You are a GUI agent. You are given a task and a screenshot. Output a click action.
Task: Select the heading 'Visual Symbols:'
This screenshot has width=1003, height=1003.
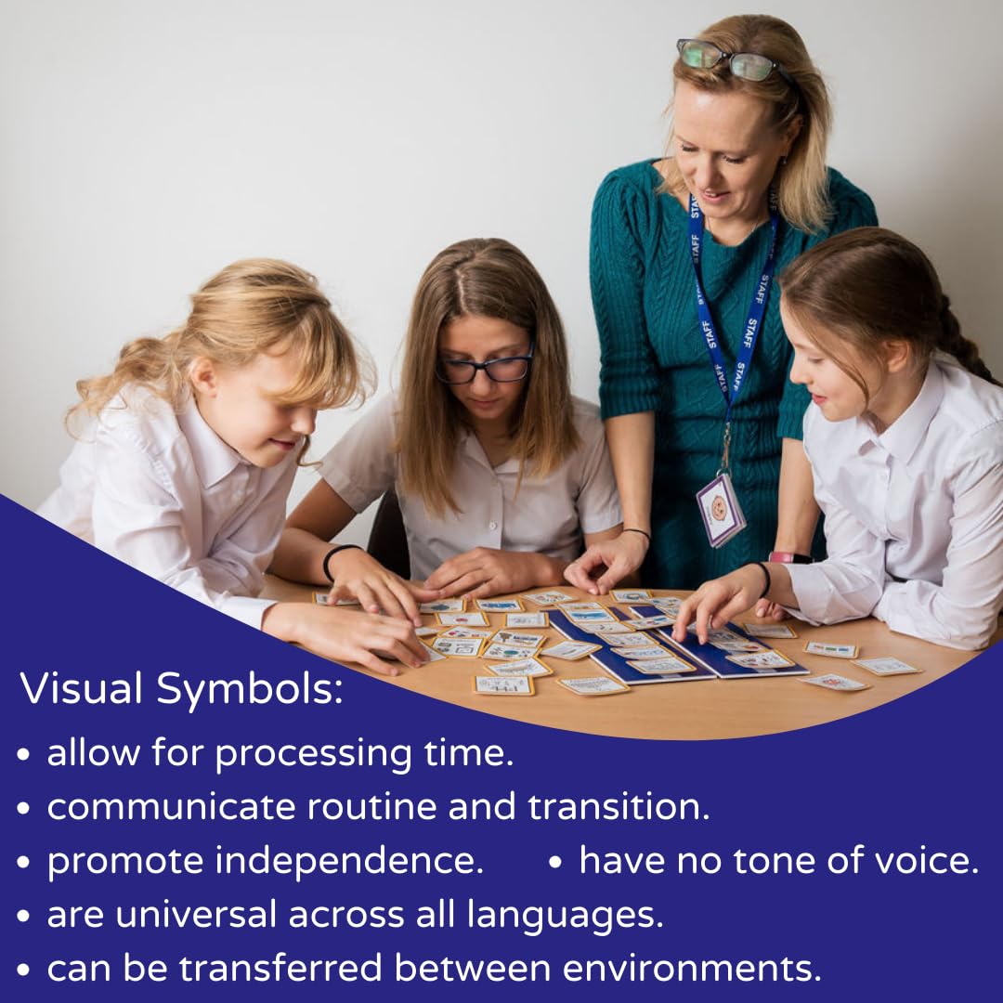[x=182, y=688]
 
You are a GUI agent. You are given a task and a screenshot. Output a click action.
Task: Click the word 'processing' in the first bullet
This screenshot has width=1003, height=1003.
[x=313, y=753]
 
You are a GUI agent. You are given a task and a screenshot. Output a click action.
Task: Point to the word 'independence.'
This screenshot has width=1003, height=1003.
[x=349, y=861]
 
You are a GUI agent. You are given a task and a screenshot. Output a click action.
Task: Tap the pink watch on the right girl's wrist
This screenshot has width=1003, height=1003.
[x=789, y=557]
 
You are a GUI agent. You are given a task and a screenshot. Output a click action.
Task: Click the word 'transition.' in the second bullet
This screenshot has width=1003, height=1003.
[x=619, y=807]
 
